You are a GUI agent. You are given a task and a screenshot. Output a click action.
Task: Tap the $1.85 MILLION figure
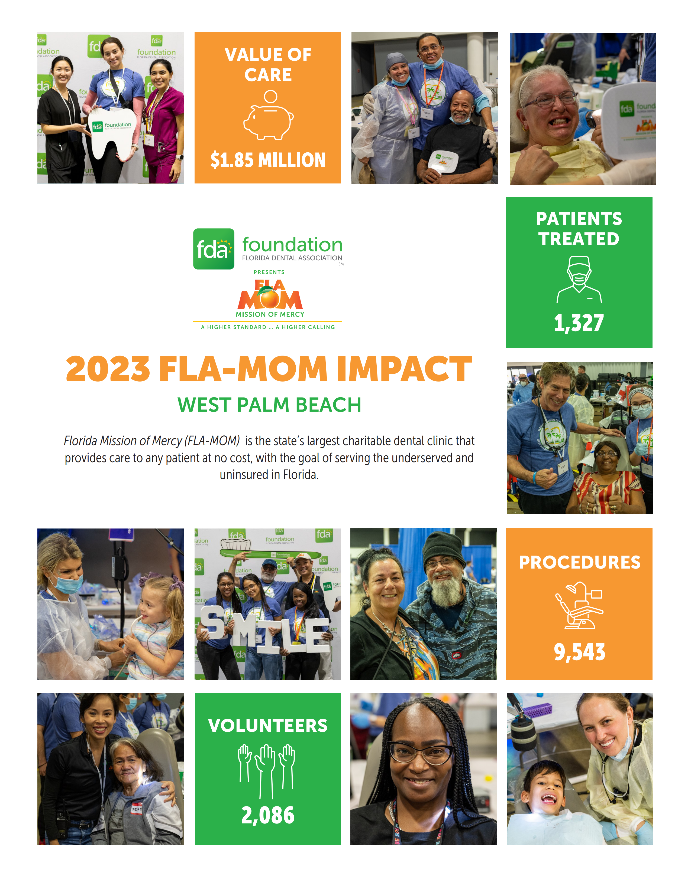[268, 160]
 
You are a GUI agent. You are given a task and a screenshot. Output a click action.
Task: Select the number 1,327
[579, 323]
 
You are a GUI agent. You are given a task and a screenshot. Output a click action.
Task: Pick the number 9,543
[579, 652]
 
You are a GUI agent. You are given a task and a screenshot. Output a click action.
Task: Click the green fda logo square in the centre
[214, 249]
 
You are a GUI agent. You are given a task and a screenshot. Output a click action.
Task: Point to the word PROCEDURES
[580, 562]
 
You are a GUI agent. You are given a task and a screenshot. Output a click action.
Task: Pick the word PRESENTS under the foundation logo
[269, 272]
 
